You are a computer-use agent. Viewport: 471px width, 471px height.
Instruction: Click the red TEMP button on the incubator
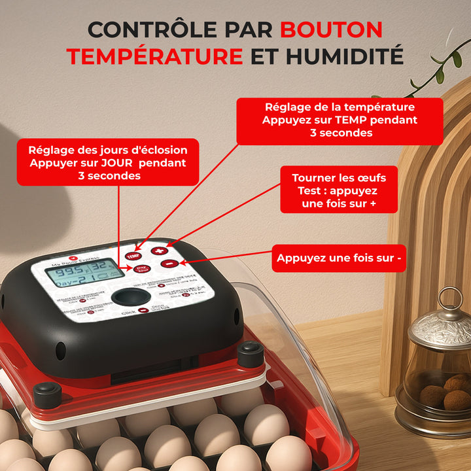[134, 256]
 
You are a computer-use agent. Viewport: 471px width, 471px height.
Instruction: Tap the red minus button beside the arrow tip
[168, 263]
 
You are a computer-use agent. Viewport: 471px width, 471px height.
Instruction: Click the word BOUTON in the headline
[331, 29]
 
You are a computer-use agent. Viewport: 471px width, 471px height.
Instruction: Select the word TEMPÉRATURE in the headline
[154, 56]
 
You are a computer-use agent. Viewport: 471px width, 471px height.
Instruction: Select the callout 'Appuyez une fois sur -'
[339, 258]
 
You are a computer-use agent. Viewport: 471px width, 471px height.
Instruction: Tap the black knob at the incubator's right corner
[251, 353]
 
